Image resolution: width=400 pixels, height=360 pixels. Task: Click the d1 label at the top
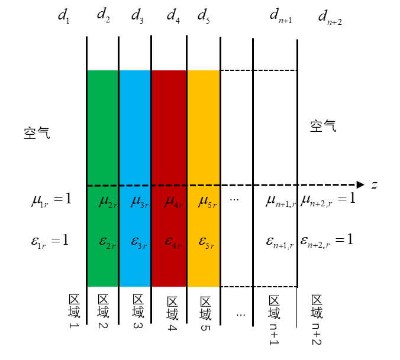coord(63,16)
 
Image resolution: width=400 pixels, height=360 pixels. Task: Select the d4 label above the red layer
coord(173,14)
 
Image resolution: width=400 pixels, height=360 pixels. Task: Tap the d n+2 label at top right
coord(330,18)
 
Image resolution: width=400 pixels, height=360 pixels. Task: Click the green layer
coord(103,130)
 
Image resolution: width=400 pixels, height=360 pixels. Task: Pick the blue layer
coord(136,130)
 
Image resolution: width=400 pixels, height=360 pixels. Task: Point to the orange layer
coord(204,130)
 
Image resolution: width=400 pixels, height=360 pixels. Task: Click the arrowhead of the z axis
coord(359,184)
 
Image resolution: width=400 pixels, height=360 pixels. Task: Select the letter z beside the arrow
coord(374,185)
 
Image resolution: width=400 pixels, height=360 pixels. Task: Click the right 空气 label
coord(323,125)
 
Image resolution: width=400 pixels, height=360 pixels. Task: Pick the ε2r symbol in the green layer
coord(107,241)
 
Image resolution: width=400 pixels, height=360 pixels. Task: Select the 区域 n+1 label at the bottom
coord(273,319)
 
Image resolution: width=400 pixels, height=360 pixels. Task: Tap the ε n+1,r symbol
coord(280,241)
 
